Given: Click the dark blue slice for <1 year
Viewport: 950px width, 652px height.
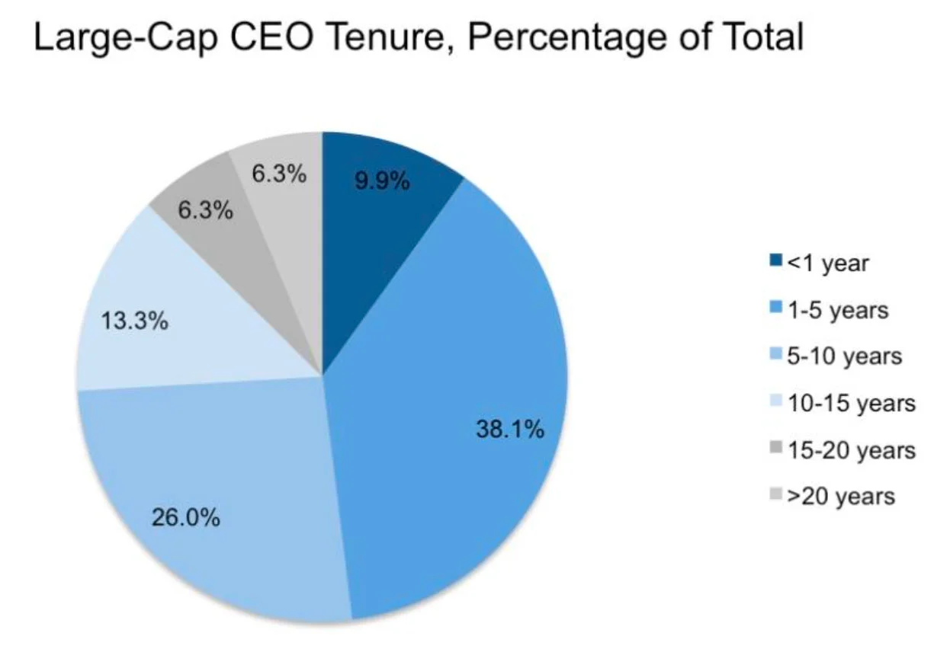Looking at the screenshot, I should (381, 221).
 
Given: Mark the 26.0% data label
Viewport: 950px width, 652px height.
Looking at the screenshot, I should (185, 519).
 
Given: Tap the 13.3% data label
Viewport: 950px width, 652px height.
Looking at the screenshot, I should (134, 321).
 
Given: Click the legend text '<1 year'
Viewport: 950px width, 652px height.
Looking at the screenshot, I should (829, 263).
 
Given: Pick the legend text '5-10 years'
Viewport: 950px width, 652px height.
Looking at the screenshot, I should (845, 356).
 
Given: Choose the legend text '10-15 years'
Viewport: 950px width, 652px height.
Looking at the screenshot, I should (851, 403).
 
